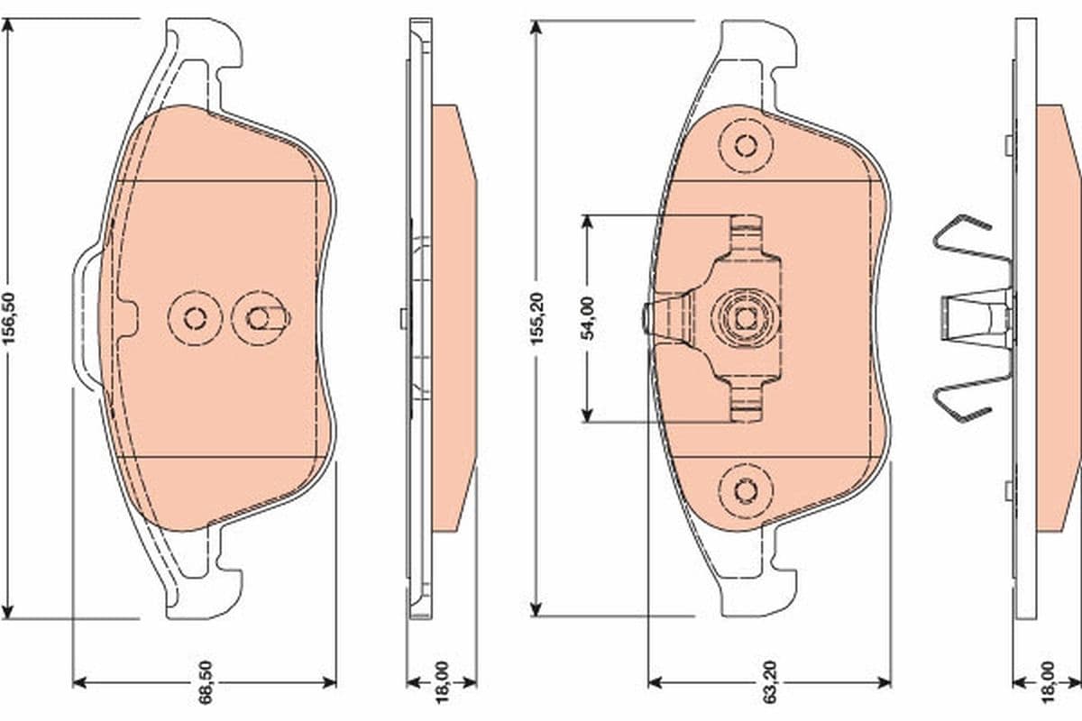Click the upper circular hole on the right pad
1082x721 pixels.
click(x=746, y=145)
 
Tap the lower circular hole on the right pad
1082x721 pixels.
click(x=746, y=489)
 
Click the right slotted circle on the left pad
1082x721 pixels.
click(x=259, y=317)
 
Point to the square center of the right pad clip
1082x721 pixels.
click(x=746, y=317)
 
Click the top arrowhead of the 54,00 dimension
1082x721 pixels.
click(x=587, y=222)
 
